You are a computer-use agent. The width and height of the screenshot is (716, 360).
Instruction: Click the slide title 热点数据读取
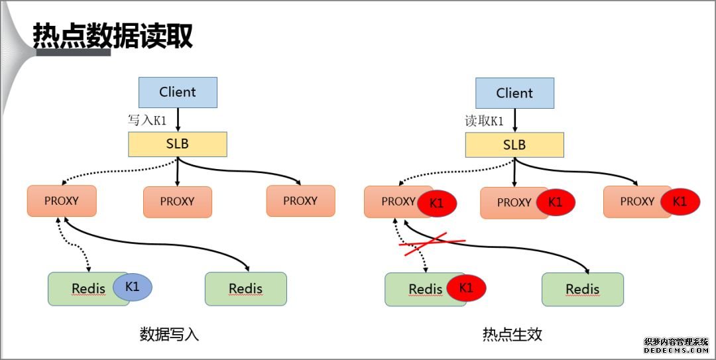pos(113,36)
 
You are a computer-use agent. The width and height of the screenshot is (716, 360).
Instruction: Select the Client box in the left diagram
pos(178,92)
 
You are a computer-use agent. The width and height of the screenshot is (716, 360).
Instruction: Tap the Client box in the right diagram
pos(514,93)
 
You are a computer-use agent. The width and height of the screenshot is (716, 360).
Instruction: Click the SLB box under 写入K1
pos(178,144)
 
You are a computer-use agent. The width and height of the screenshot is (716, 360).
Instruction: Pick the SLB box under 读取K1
pos(514,145)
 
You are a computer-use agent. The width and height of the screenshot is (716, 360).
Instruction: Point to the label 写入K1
pos(147,120)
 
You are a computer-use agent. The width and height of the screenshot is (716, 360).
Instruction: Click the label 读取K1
pos(484,121)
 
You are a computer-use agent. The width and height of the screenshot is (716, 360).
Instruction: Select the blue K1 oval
pos(132,287)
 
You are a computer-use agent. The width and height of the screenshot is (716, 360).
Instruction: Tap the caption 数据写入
pos(169,334)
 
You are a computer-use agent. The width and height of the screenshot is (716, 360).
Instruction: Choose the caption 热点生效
pos(512,334)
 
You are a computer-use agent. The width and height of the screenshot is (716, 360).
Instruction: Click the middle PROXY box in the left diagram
pos(178,202)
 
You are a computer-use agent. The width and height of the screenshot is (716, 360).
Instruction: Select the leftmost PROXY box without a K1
pos(62,200)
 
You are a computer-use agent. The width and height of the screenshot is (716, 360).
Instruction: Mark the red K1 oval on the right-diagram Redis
pos(466,288)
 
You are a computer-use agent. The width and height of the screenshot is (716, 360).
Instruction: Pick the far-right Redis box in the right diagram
pos(583,289)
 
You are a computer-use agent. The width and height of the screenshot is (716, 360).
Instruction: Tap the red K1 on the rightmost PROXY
pos(680,202)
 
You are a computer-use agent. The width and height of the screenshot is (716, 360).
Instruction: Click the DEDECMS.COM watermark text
pos(676,349)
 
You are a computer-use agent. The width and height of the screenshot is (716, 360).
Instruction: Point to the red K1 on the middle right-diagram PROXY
pos(555,202)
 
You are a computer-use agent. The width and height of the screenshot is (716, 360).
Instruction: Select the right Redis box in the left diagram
pos(246,288)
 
